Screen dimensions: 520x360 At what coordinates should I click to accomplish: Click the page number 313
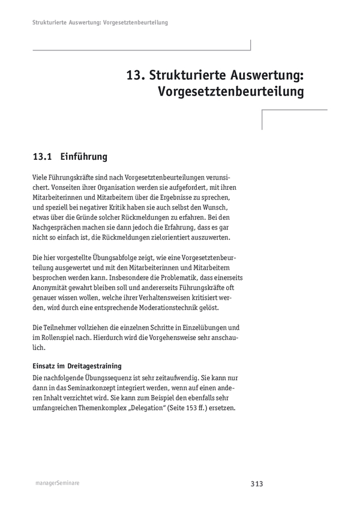coord(257,483)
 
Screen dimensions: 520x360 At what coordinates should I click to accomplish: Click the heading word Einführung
coord(84,157)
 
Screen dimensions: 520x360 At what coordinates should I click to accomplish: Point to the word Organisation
coord(109,187)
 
